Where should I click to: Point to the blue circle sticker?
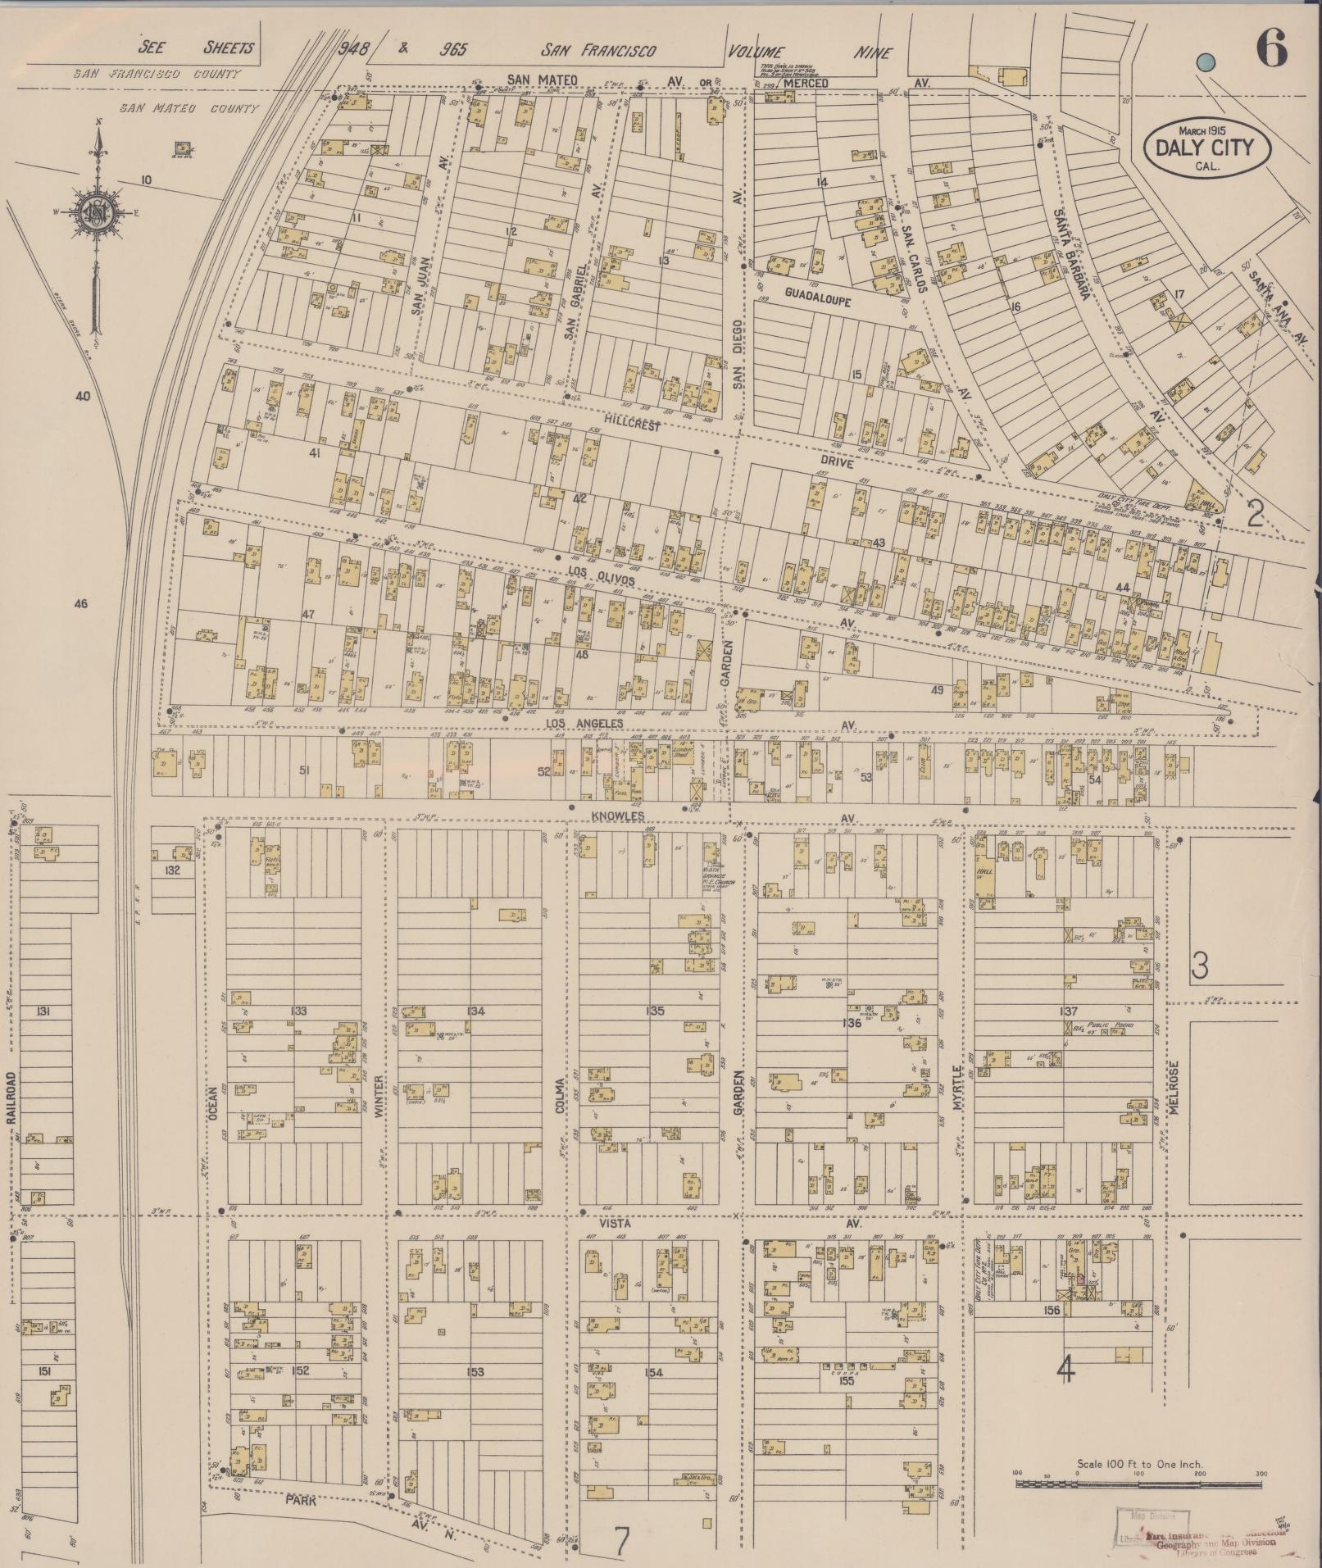pos(1204,62)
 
